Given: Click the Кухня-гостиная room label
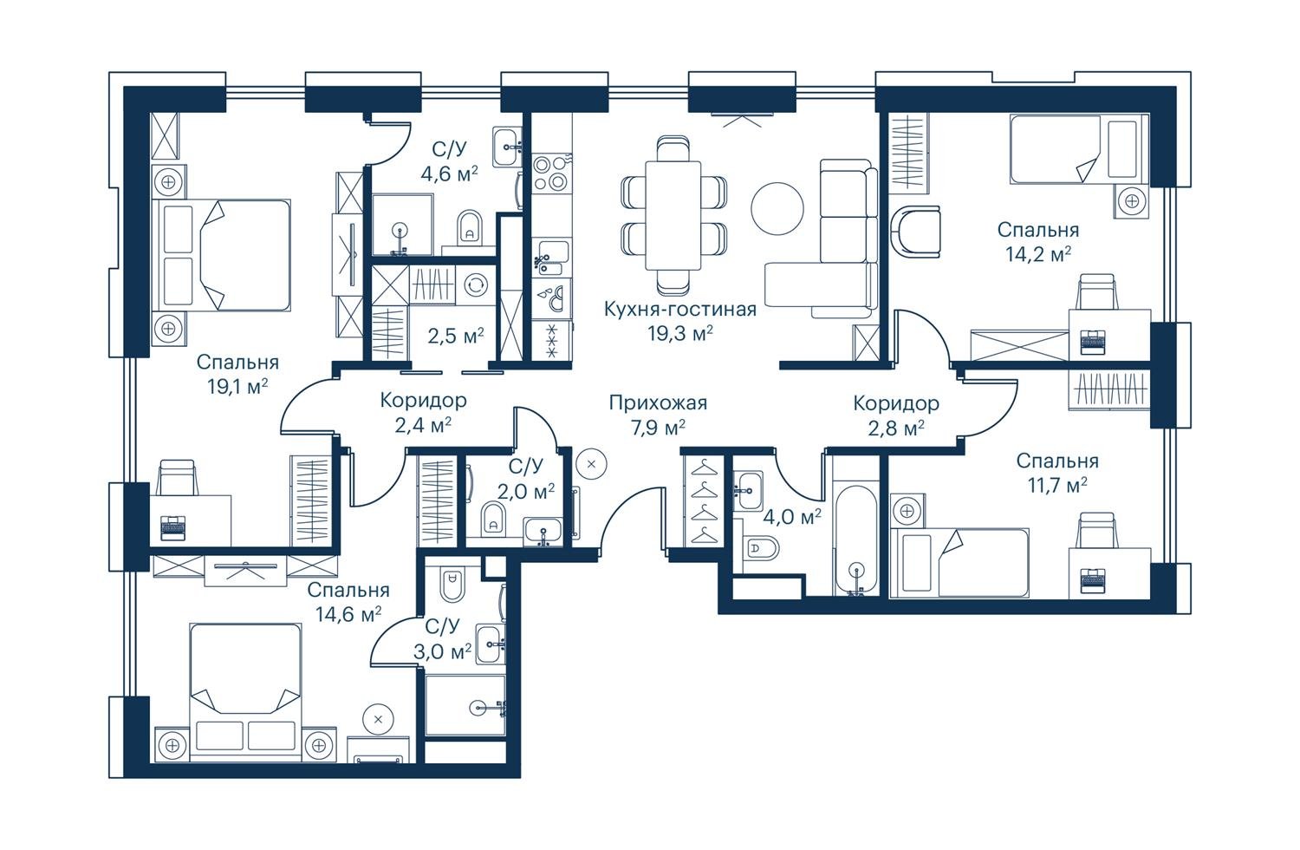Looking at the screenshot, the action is click(x=680, y=309).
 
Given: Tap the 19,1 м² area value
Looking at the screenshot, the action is click(x=238, y=386).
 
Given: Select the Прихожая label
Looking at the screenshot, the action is click(x=658, y=402).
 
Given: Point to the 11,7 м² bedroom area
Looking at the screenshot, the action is click(x=1057, y=485).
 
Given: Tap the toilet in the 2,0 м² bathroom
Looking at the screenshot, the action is click(x=493, y=517).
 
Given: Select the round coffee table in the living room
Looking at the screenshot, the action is click(x=777, y=208).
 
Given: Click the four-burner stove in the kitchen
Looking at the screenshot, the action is click(x=550, y=172).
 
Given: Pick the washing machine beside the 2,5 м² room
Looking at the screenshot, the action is click(x=476, y=285).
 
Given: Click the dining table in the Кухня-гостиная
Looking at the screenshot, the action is click(x=673, y=215).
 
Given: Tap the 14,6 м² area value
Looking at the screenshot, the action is click(x=348, y=614).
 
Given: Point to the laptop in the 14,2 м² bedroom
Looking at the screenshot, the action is click(x=1094, y=342).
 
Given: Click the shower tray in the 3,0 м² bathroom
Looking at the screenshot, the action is click(x=465, y=705).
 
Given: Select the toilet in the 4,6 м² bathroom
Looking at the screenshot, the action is click(x=470, y=227).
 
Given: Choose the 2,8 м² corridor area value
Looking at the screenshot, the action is click(x=897, y=428).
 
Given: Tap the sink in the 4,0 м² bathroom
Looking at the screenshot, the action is click(x=748, y=492).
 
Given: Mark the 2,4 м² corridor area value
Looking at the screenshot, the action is click(x=424, y=426).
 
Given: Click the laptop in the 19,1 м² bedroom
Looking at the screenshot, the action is click(x=173, y=527).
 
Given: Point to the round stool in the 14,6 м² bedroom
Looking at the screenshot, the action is click(x=379, y=719).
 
